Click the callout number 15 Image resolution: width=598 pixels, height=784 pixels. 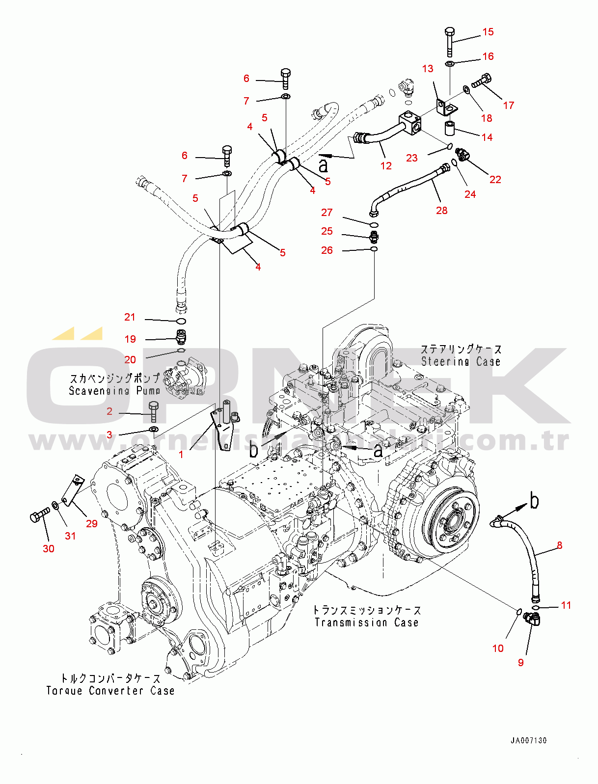tap(488, 32)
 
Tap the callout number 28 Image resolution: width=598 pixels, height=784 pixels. tap(441, 211)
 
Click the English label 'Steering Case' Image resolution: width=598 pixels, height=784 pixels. tap(461, 362)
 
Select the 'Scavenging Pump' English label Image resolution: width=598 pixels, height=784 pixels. tap(114, 391)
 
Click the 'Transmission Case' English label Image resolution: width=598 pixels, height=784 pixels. tap(366, 622)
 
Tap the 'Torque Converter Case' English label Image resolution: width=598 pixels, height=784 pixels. tap(110, 691)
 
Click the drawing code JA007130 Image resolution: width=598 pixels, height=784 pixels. tap(528, 740)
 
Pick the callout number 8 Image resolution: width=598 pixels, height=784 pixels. tap(559, 545)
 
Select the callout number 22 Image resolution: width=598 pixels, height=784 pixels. tap(495, 180)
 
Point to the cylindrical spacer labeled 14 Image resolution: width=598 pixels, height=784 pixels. tap(449, 128)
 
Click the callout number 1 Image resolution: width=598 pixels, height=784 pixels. tap(181, 455)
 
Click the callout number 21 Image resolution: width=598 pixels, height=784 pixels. tap(130, 317)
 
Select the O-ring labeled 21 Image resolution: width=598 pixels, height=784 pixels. tap(181, 322)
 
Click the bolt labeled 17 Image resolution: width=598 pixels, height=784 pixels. tap(482, 80)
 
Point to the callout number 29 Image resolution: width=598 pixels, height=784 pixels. tap(92, 524)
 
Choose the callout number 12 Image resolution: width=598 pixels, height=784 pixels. tap(386, 166)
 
